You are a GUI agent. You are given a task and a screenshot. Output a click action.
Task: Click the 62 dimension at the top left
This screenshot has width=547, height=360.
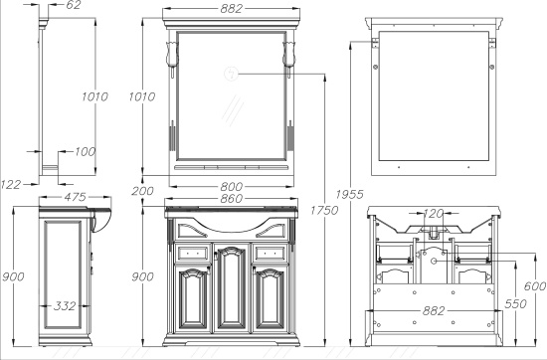[x=74, y=5]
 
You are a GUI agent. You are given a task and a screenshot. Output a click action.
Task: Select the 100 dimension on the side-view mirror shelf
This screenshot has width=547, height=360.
[x=85, y=152]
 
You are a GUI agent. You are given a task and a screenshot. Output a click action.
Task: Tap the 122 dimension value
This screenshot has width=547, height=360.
[x=11, y=185]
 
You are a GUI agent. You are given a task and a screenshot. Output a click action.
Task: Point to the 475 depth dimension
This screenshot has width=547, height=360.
[x=75, y=197]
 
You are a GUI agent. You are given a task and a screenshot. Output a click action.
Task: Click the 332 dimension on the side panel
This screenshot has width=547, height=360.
[x=65, y=306]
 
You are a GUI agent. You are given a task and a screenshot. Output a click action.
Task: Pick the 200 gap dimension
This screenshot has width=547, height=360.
[x=142, y=191]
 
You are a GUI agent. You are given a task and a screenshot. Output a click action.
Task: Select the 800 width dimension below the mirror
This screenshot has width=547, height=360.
[x=232, y=187]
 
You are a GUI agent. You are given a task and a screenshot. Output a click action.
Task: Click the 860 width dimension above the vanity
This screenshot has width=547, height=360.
[x=232, y=199]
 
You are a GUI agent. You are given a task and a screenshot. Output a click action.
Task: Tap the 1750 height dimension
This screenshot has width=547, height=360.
[x=324, y=211]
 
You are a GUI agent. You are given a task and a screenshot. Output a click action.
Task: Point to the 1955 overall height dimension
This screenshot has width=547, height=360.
[x=349, y=194]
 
